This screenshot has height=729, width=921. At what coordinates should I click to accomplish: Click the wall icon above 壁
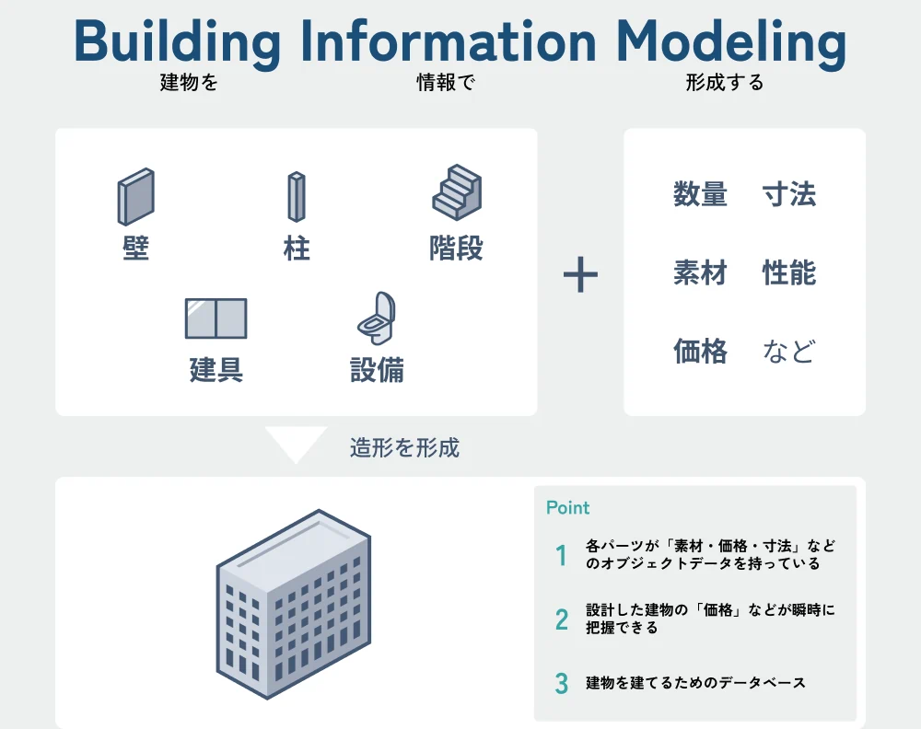[x=135, y=197]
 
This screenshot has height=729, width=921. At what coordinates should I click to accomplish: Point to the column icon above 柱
[x=296, y=197]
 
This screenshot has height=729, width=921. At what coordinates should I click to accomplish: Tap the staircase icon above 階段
[x=457, y=192]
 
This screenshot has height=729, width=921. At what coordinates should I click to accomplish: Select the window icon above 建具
[x=216, y=318]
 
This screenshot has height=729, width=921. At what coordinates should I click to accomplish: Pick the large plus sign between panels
[x=580, y=275]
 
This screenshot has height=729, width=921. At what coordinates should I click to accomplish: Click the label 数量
[x=700, y=195]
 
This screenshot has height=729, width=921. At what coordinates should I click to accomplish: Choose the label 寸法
[x=789, y=195]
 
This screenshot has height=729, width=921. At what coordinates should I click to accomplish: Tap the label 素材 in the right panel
[x=700, y=273]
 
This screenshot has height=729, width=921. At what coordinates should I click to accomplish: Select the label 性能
[x=789, y=273]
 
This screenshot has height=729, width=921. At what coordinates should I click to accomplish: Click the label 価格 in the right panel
[x=700, y=352]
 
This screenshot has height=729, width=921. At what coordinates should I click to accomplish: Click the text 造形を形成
[x=404, y=448]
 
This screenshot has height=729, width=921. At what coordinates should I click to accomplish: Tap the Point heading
[x=567, y=508]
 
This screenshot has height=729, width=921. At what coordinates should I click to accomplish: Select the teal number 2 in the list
[x=562, y=619]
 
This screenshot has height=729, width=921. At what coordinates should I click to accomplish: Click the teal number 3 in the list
[x=562, y=684]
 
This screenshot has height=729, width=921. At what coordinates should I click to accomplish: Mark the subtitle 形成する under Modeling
[x=724, y=83]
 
